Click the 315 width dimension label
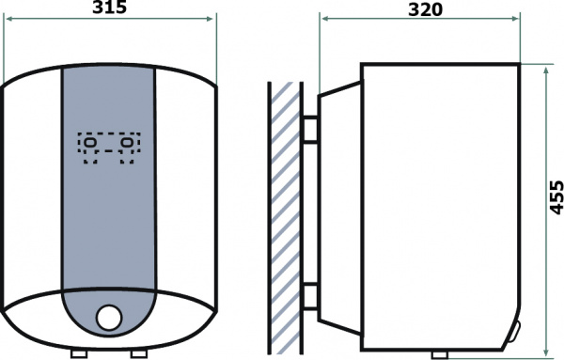(110, 8)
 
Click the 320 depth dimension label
(425, 9)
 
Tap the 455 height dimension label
(556, 197)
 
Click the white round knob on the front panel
(109, 317)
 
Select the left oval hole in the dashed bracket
(90, 143)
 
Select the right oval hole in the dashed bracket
(127, 143)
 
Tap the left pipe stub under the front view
(79, 353)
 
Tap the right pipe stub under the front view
(139, 353)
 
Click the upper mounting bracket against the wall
(310, 130)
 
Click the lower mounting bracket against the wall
(310, 296)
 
